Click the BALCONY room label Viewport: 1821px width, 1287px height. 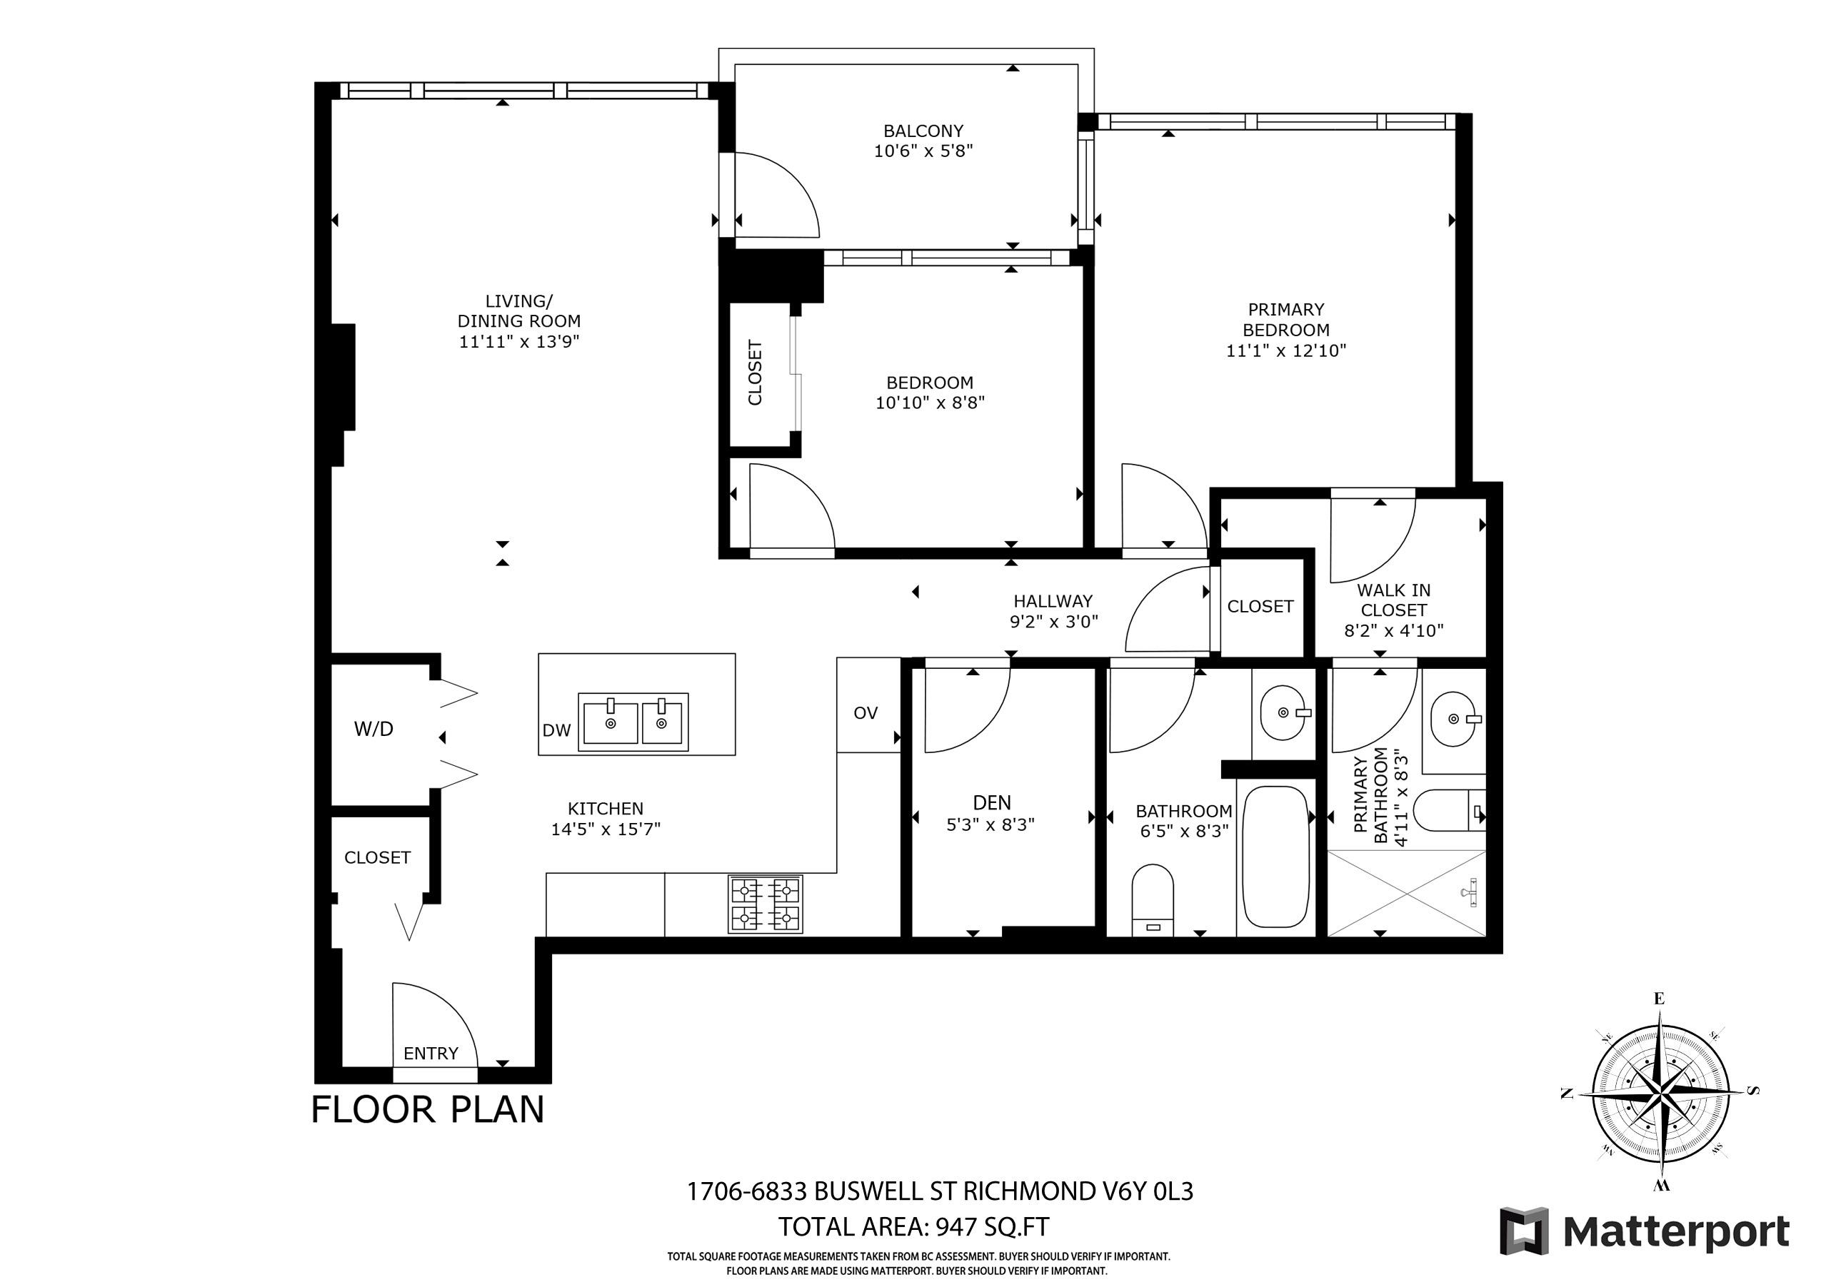pos(923,131)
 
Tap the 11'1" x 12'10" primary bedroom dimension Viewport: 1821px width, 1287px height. pos(1285,350)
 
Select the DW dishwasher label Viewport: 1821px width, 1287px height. pos(556,730)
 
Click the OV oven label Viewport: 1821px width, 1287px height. pos(866,713)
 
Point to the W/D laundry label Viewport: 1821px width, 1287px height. pos(373,729)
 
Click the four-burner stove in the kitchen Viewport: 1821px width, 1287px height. pos(766,904)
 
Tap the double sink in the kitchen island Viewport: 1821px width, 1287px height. pos(633,722)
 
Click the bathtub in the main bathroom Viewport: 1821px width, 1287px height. pos(1275,857)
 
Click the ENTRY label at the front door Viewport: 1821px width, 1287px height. pos(431,1053)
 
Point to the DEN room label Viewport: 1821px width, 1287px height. pos(991,802)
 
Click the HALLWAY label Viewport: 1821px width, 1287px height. pos(1053,601)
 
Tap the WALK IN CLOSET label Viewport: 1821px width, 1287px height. pos(1393,600)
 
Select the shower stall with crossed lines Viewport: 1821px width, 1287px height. pos(1405,893)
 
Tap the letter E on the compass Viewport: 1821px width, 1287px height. pos(1657,999)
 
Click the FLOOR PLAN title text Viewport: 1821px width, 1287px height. pos(428,1109)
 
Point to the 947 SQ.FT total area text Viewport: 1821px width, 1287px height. pos(992,1227)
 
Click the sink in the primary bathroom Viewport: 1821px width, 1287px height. pos(1453,720)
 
